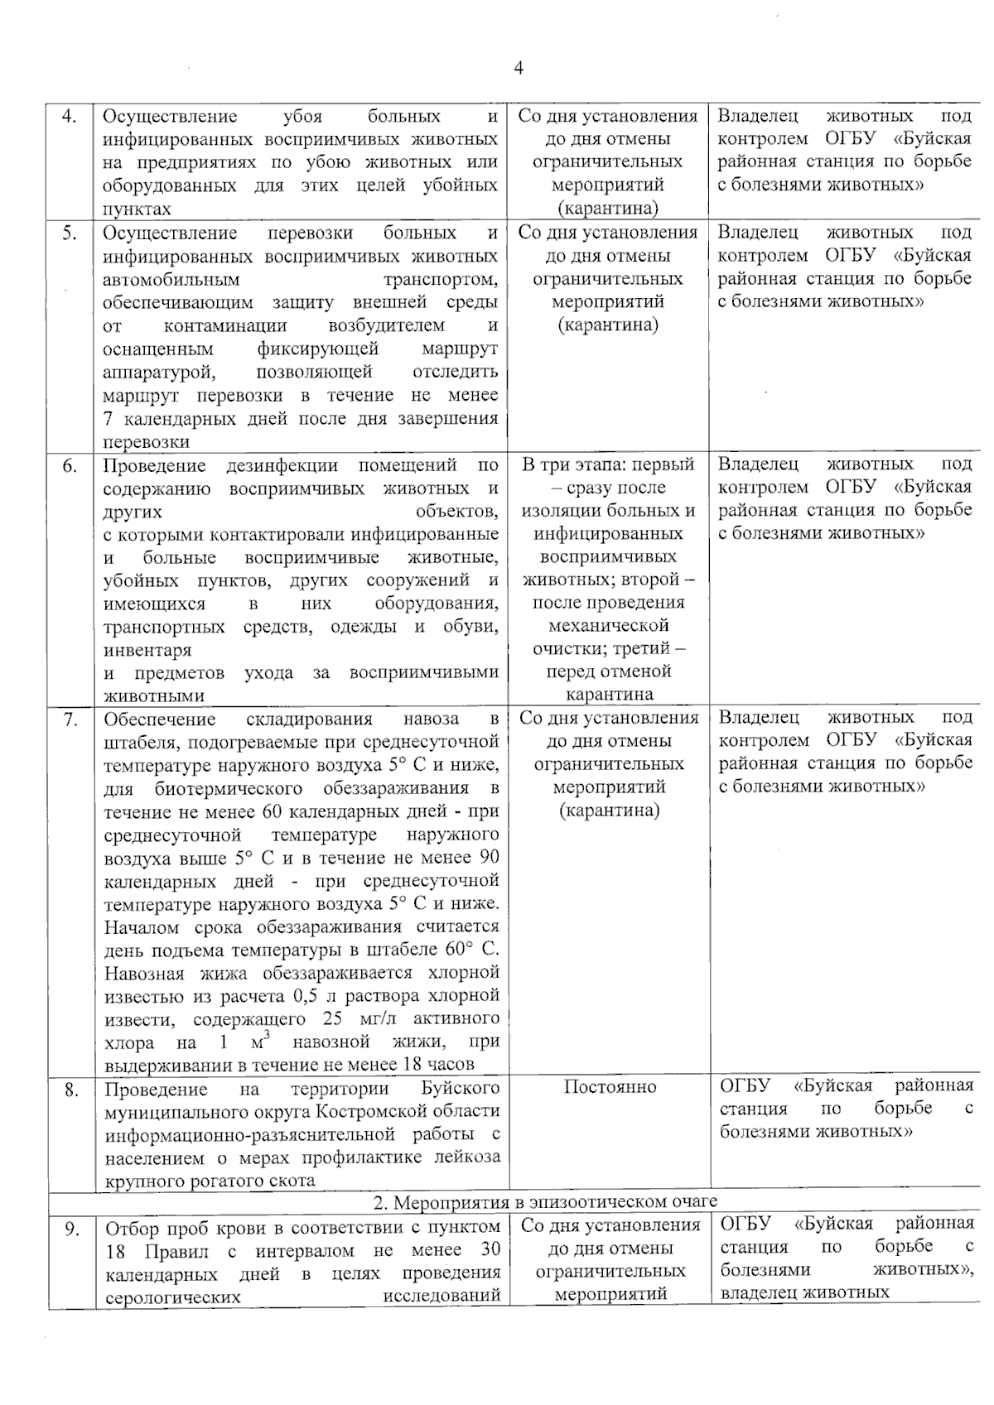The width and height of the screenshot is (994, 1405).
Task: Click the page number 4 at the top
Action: tap(519, 69)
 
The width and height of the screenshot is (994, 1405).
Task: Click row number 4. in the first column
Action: tap(70, 117)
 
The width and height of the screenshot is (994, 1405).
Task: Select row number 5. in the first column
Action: tap(70, 233)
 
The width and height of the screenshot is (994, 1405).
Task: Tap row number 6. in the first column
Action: tap(70, 465)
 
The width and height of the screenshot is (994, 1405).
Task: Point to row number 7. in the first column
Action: tap(70, 719)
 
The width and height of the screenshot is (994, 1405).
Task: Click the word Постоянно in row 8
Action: tap(610, 1087)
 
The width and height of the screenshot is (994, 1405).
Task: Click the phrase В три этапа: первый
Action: tap(608, 464)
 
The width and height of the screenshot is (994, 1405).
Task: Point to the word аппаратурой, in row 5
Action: tap(159, 372)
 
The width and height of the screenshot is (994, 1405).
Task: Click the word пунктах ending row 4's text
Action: tap(137, 209)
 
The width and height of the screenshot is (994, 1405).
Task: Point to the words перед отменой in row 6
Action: tap(608, 671)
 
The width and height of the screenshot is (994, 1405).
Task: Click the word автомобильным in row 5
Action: tap(171, 280)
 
